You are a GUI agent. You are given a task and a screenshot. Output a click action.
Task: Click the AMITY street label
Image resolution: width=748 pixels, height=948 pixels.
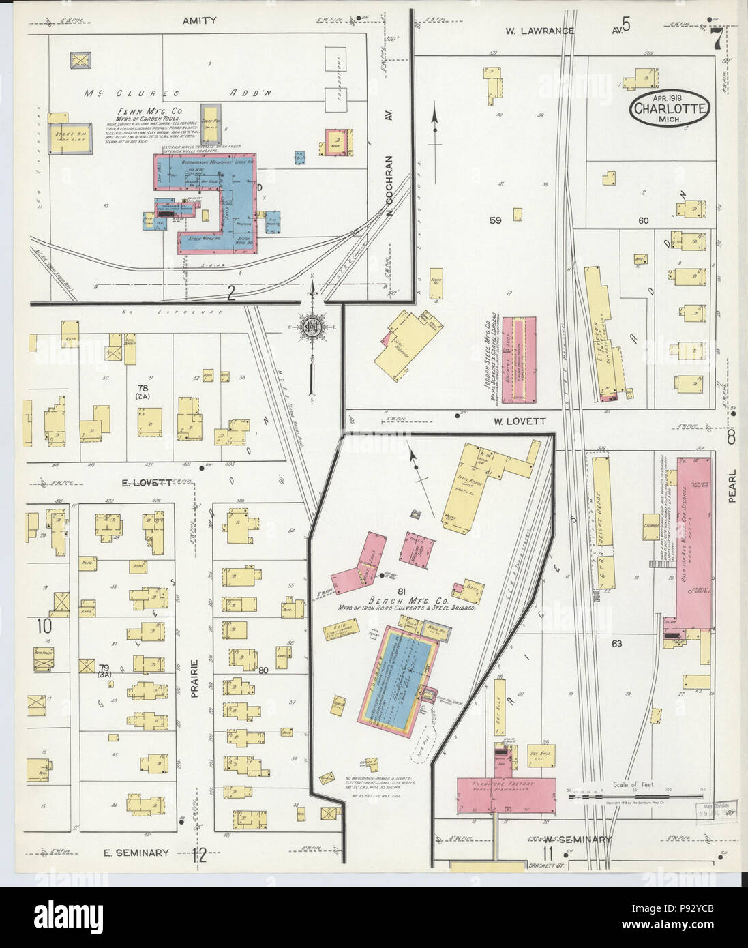[199, 20]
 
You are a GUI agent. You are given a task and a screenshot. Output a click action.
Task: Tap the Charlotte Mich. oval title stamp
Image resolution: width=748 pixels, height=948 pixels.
[670, 108]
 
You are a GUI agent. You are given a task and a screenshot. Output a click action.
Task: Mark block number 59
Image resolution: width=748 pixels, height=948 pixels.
[495, 220]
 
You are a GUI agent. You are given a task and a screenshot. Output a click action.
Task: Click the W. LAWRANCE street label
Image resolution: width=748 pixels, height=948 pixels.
[540, 31]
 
